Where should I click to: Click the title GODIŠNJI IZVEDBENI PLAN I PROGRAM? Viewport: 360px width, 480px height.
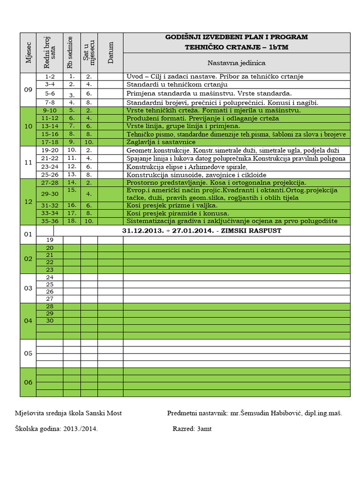[237, 37]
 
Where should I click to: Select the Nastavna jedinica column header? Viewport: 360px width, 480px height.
[237, 62]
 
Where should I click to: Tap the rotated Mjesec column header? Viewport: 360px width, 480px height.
[29, 52]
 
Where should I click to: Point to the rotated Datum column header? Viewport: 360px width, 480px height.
[111, 52]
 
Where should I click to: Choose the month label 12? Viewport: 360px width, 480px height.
[28, 202]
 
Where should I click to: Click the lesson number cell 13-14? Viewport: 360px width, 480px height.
[50, 126]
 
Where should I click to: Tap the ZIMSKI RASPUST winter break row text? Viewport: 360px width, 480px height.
[202, 231]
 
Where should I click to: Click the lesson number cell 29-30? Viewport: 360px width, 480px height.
[50, 194]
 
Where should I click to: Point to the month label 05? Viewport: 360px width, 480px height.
[28, 353]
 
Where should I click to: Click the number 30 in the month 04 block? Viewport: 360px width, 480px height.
[50, 321]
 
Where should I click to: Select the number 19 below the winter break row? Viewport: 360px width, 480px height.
[50, 240]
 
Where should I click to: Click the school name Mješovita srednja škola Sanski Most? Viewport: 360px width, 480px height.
[68, 413]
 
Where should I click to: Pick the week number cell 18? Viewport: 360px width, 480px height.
[72, 221]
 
